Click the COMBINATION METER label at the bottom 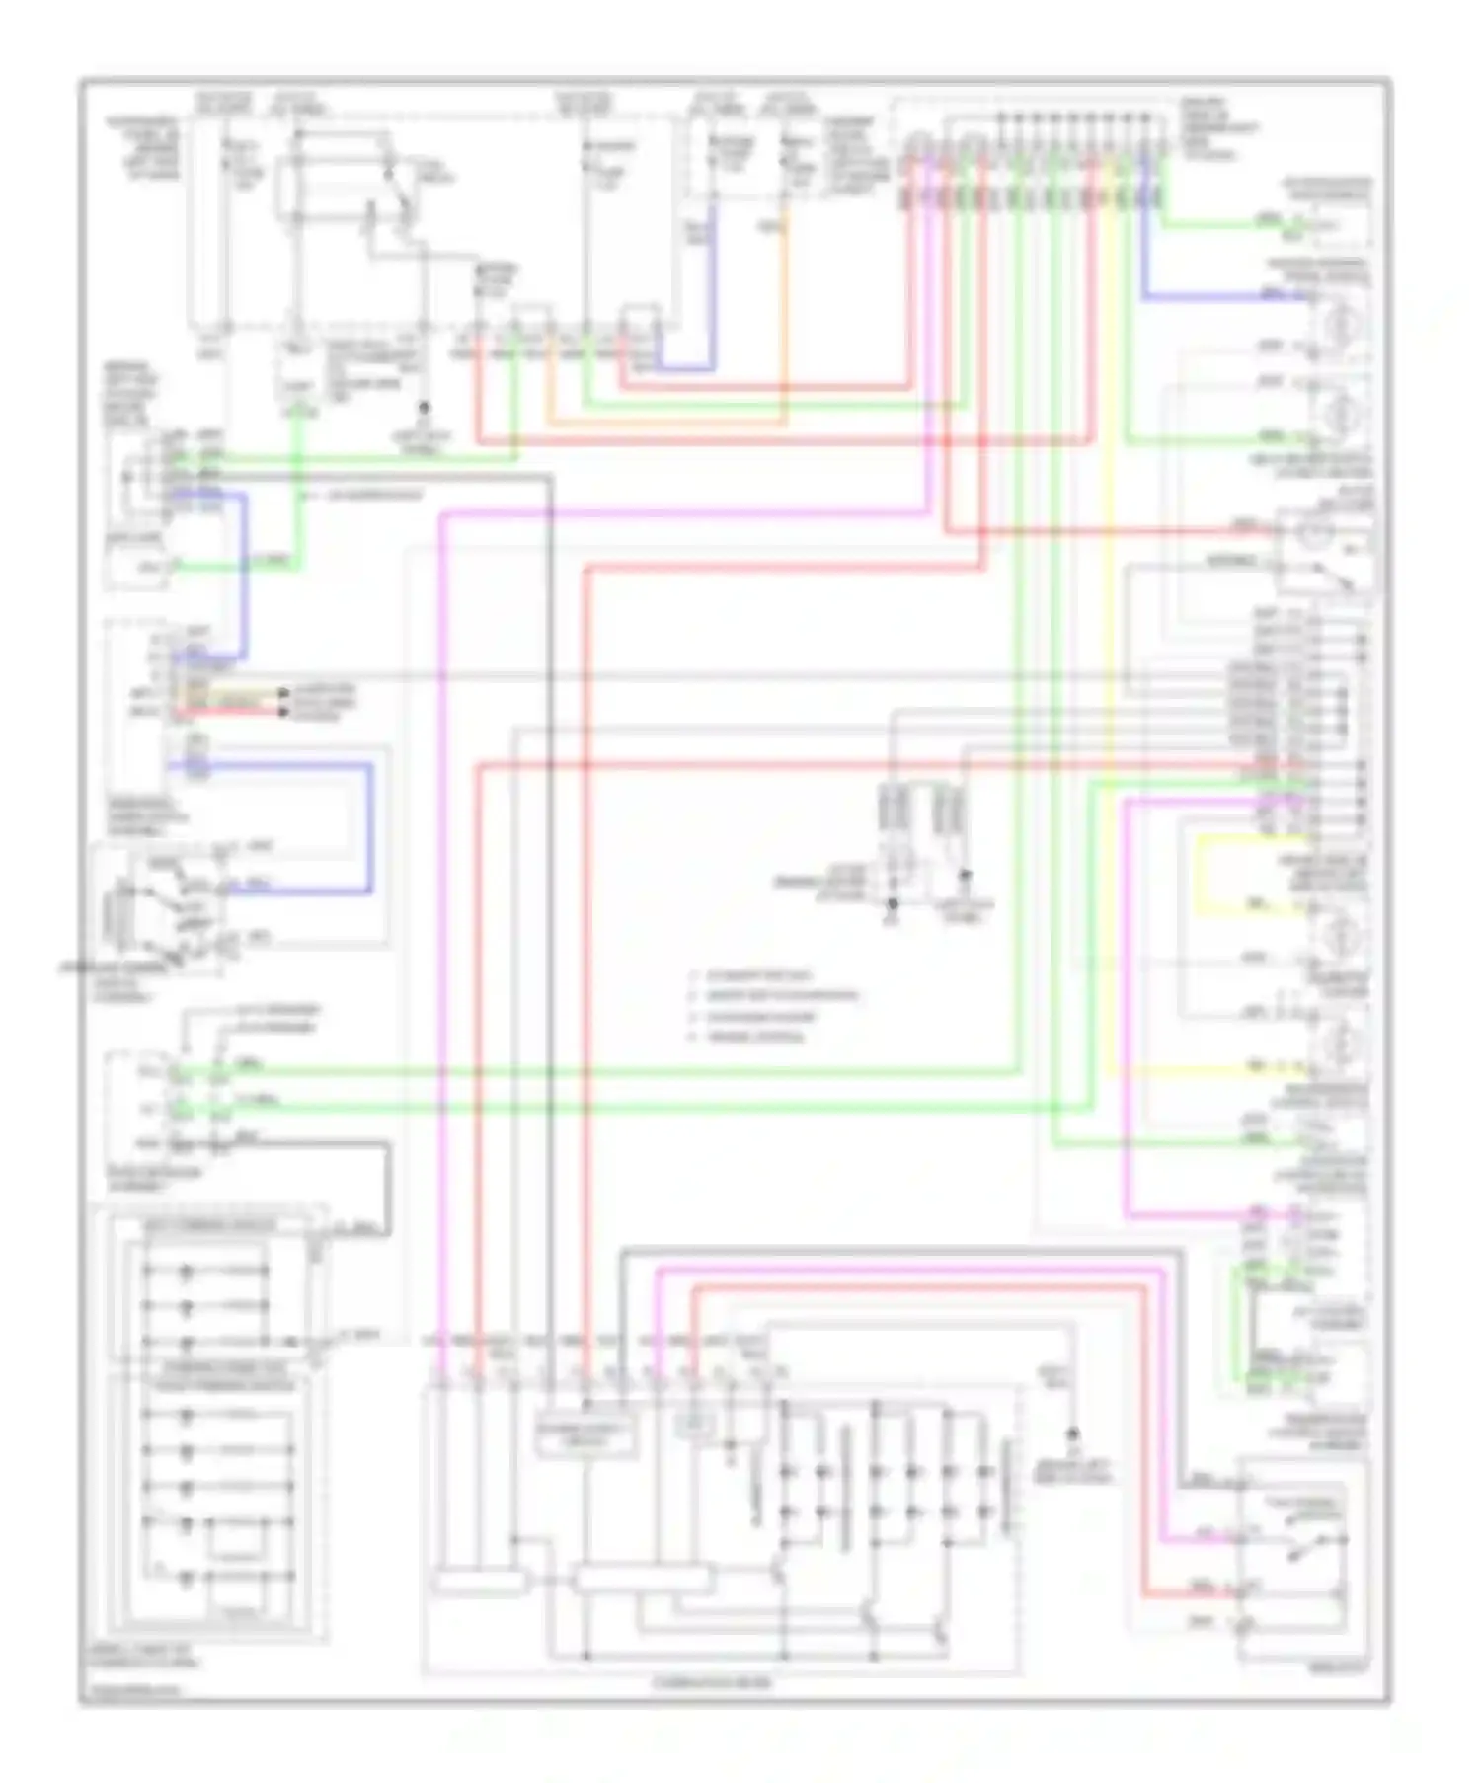(711, 1682)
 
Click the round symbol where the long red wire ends (1313, 534)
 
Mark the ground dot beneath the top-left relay (425, 408)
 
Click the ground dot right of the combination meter (1073, 1433)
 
